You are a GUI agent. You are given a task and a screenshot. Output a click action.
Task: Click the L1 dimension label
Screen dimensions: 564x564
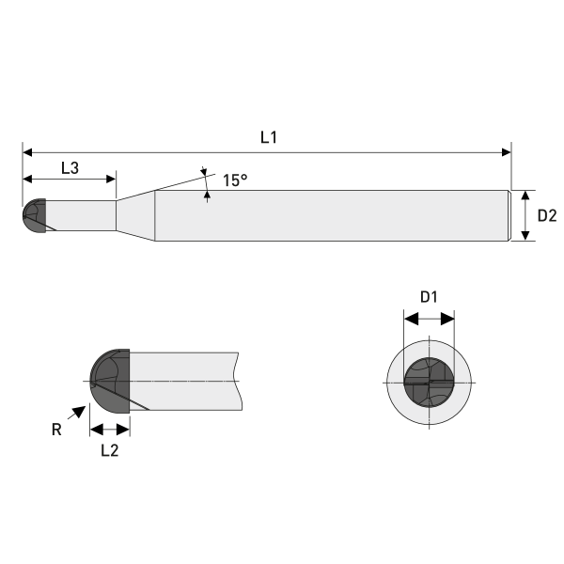click(x=269, y=137)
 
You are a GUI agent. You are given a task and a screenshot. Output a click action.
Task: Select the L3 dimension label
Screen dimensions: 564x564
click(x=70, y=167)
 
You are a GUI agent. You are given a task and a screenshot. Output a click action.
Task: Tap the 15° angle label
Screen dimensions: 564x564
click(x=235, y=180)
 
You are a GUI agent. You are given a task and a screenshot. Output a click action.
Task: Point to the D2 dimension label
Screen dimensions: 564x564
click(x=547, y=215)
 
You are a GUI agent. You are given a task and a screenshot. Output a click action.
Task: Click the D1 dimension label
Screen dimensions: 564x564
click(x=429, y=297)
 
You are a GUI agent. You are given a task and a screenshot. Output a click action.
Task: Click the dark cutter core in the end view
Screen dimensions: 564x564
click(x=429, y=383)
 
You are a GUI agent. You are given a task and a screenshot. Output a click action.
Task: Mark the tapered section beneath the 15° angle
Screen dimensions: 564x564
click(x=135, y=215)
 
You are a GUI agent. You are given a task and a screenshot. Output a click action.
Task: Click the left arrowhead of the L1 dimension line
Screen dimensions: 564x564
click(x=27, y=150)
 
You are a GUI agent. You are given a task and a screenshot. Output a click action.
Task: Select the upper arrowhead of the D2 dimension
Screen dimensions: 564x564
click(x=525, y=195)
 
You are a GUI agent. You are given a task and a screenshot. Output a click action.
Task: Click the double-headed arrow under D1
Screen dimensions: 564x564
click(x=429, y=319)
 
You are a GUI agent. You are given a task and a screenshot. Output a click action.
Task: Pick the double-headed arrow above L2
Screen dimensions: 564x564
click(x=109, y=429)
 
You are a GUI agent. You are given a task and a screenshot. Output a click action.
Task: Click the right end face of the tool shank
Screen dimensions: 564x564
click(x=510, y=215)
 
